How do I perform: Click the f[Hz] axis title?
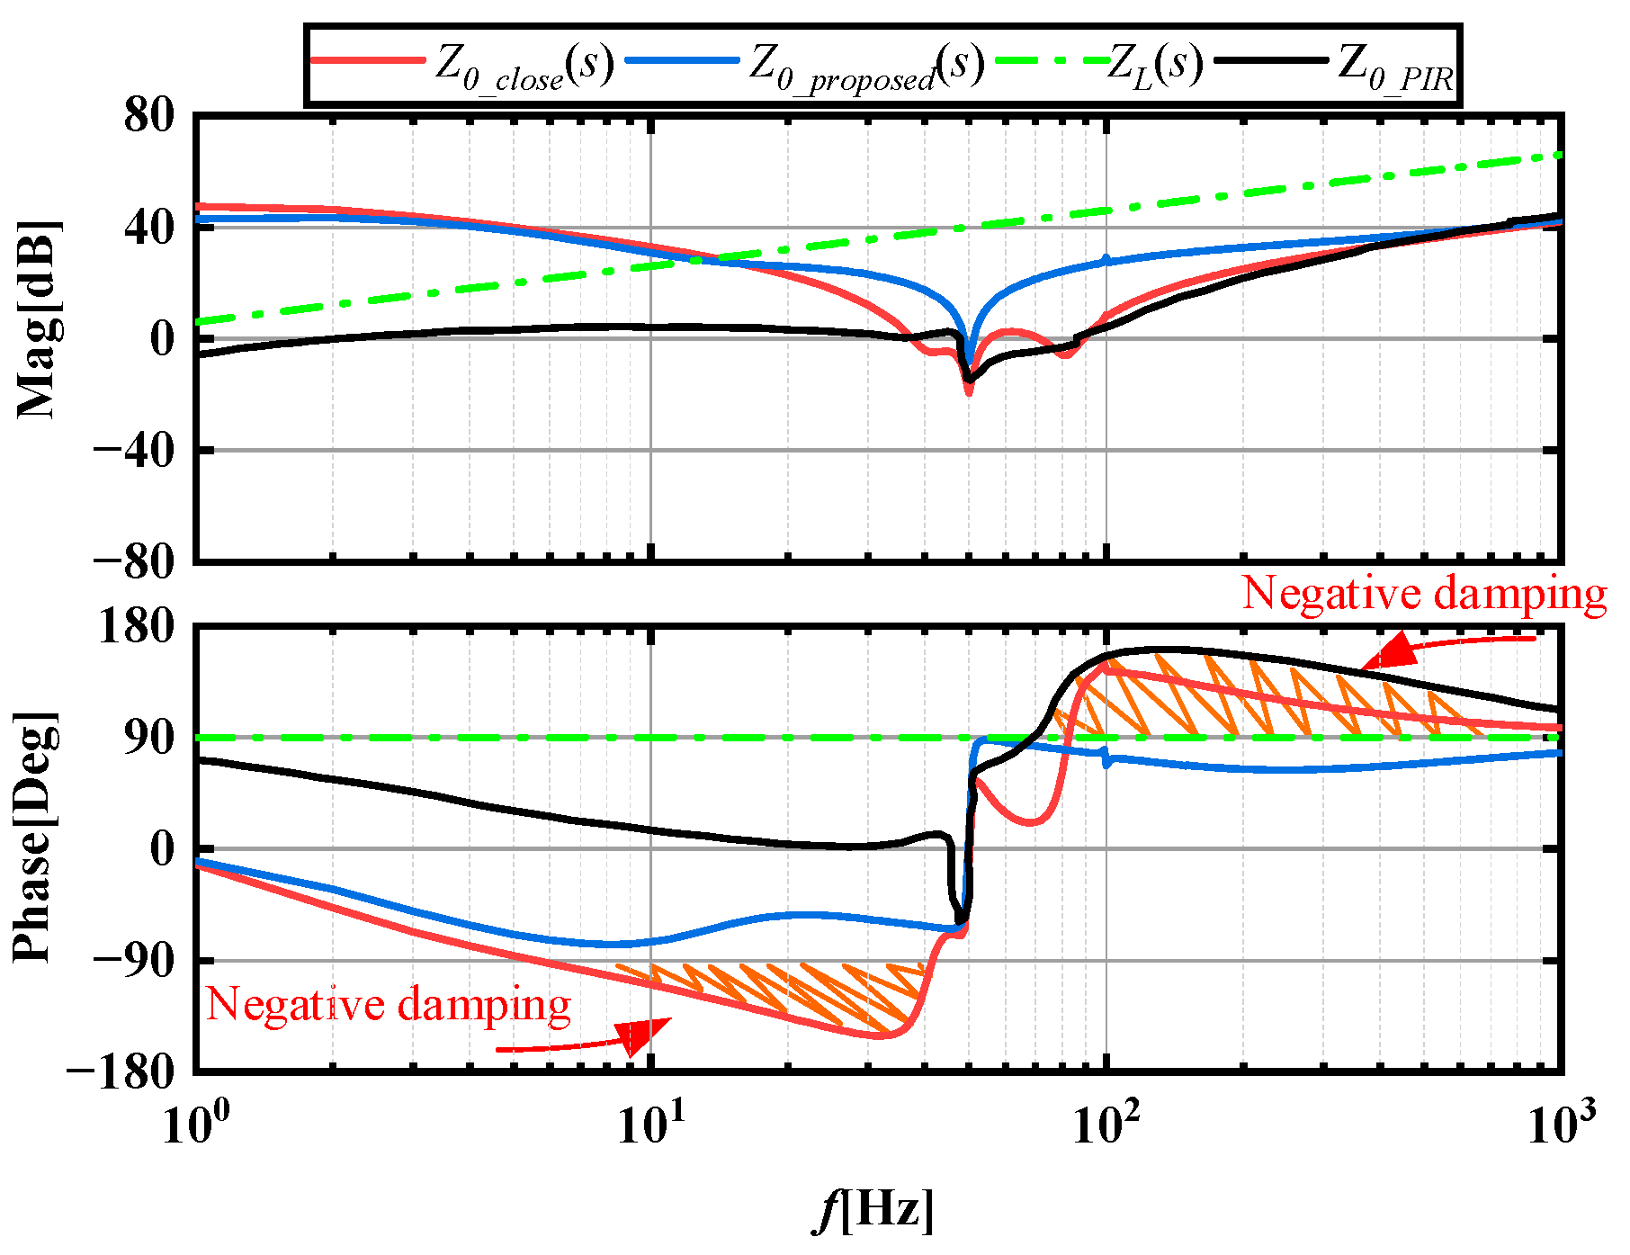pos(873,1210)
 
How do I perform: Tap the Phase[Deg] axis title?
pos(36,837)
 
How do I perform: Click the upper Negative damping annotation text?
pos(1423,594)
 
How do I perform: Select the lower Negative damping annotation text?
pos(389,1004)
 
